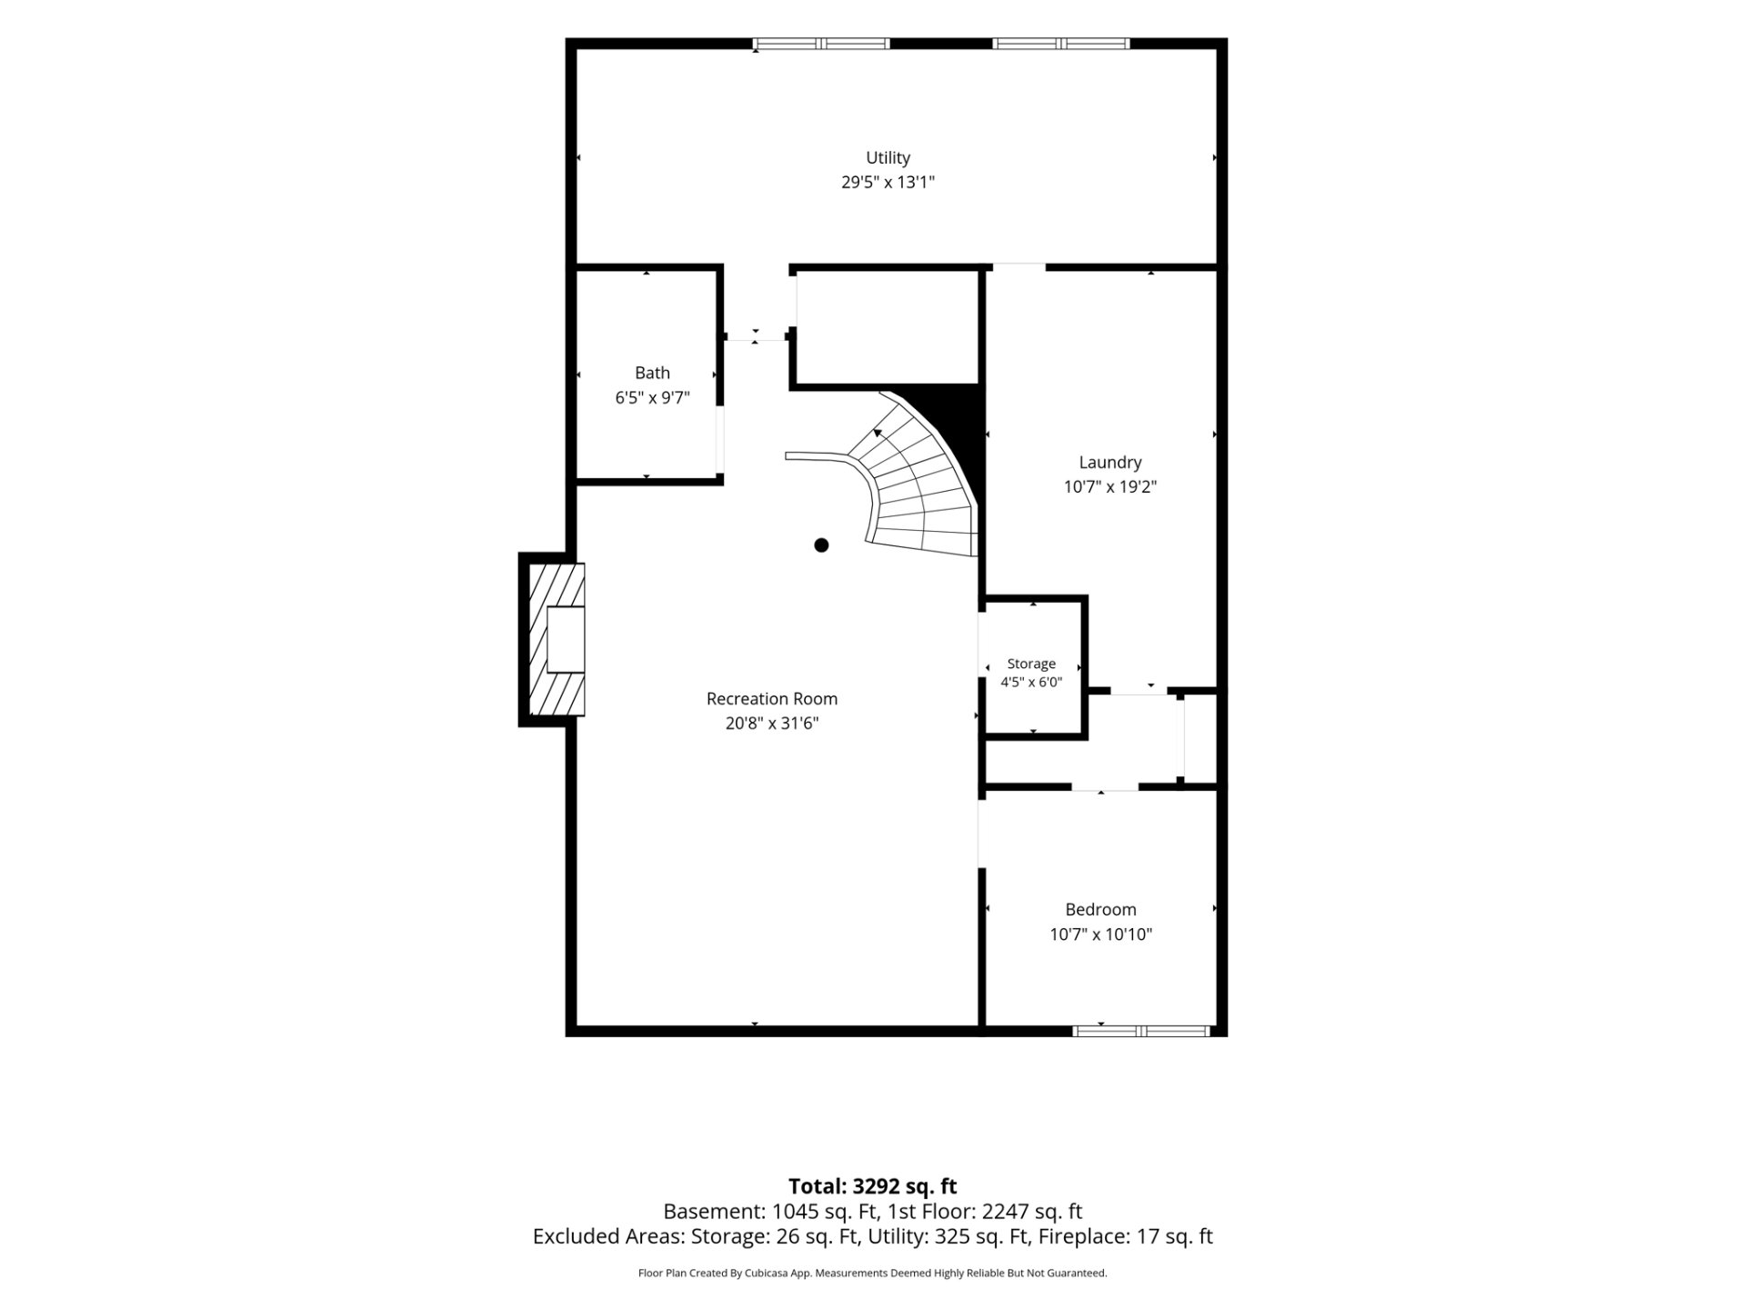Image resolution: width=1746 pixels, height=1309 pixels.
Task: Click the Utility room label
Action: pyautogui.click(x=888, y=158)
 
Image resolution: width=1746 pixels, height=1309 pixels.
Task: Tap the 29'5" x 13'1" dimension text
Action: pyautogui.click(x=888, y=182)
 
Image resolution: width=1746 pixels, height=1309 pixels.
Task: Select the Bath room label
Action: pyautogui.click(x=652, y=373)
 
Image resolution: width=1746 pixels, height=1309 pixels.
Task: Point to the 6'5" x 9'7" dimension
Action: pyautogui.click(x=652, y=397)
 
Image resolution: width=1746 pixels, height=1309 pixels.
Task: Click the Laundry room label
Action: pyautogui.click(x=1110, y=463)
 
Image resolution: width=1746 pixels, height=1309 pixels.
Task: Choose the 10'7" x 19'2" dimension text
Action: pyautogui.click(x=1110, y=486)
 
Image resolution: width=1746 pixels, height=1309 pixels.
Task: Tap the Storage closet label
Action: pyautogui.click(x=1031, y=664)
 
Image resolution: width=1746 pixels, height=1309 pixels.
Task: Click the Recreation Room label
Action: pyautogui.click(x=772, y=698)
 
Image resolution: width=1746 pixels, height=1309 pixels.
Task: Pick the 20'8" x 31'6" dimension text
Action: pyautogui.click(x=772, y=723)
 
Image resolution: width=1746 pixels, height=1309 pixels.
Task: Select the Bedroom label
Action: pyautogui.click(x=1100, y=909)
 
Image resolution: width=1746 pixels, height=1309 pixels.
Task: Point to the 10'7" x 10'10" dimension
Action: pyautogui.click(x=1100, y=934)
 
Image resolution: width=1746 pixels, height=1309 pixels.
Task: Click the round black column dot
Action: pyautogui.click(x=821, y=545)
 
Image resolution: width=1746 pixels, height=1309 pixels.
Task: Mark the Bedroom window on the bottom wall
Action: pyautogui.click(x=1141, y=1031)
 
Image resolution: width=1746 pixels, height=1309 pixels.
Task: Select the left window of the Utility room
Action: pyautogui.click(x=822, y=43)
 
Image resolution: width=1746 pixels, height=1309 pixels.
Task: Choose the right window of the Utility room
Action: pyautogui.click(x=1061, y=43)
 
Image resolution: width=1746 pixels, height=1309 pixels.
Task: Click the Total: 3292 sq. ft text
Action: pyautogui.click(x=872, y=1186)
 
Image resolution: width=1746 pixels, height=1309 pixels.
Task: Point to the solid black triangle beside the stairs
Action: pyautogui.click(x=959, y=427)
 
